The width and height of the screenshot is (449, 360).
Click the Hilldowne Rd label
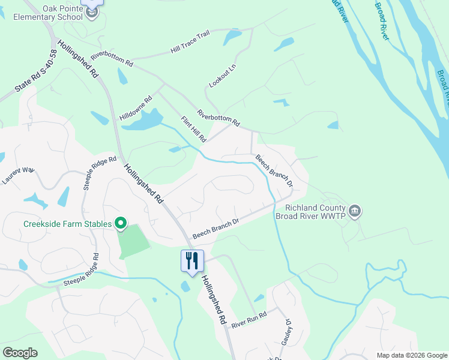pos(136,108)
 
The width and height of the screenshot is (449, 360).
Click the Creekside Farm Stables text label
pos(67,224)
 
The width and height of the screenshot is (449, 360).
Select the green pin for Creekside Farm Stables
pos(121,224)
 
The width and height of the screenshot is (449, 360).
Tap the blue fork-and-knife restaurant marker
pos(192,261)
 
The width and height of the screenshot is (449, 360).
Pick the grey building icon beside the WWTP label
pos(355,211)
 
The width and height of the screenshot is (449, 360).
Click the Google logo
pos(20,353)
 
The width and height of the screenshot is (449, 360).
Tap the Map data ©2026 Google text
pos(411,355)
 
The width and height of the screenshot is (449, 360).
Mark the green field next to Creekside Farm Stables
pos(133,241)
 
